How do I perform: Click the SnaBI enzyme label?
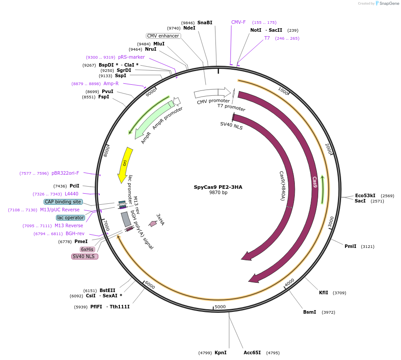coord(204,22)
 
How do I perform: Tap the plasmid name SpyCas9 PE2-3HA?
coord(218,187)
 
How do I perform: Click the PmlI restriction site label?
coord(350,246)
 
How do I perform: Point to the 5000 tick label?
coord(220,307)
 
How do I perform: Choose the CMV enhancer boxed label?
coord(163,36)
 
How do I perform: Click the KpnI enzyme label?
coord(220,352)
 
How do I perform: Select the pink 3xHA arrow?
coord(153,224)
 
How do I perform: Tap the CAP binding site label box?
coord(63,202)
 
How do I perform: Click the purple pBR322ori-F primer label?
coord(65,173)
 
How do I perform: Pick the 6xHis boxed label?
coord(87,249)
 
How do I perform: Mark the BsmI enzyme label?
coord(310,312)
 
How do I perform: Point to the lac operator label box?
coord(71,217)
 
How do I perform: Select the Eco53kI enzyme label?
coord(365,195)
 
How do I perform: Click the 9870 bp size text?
coord(218,192)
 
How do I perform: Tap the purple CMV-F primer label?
coord(238,22)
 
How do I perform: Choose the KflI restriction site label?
coord(323,292)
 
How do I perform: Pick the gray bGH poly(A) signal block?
coord(126,219)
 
